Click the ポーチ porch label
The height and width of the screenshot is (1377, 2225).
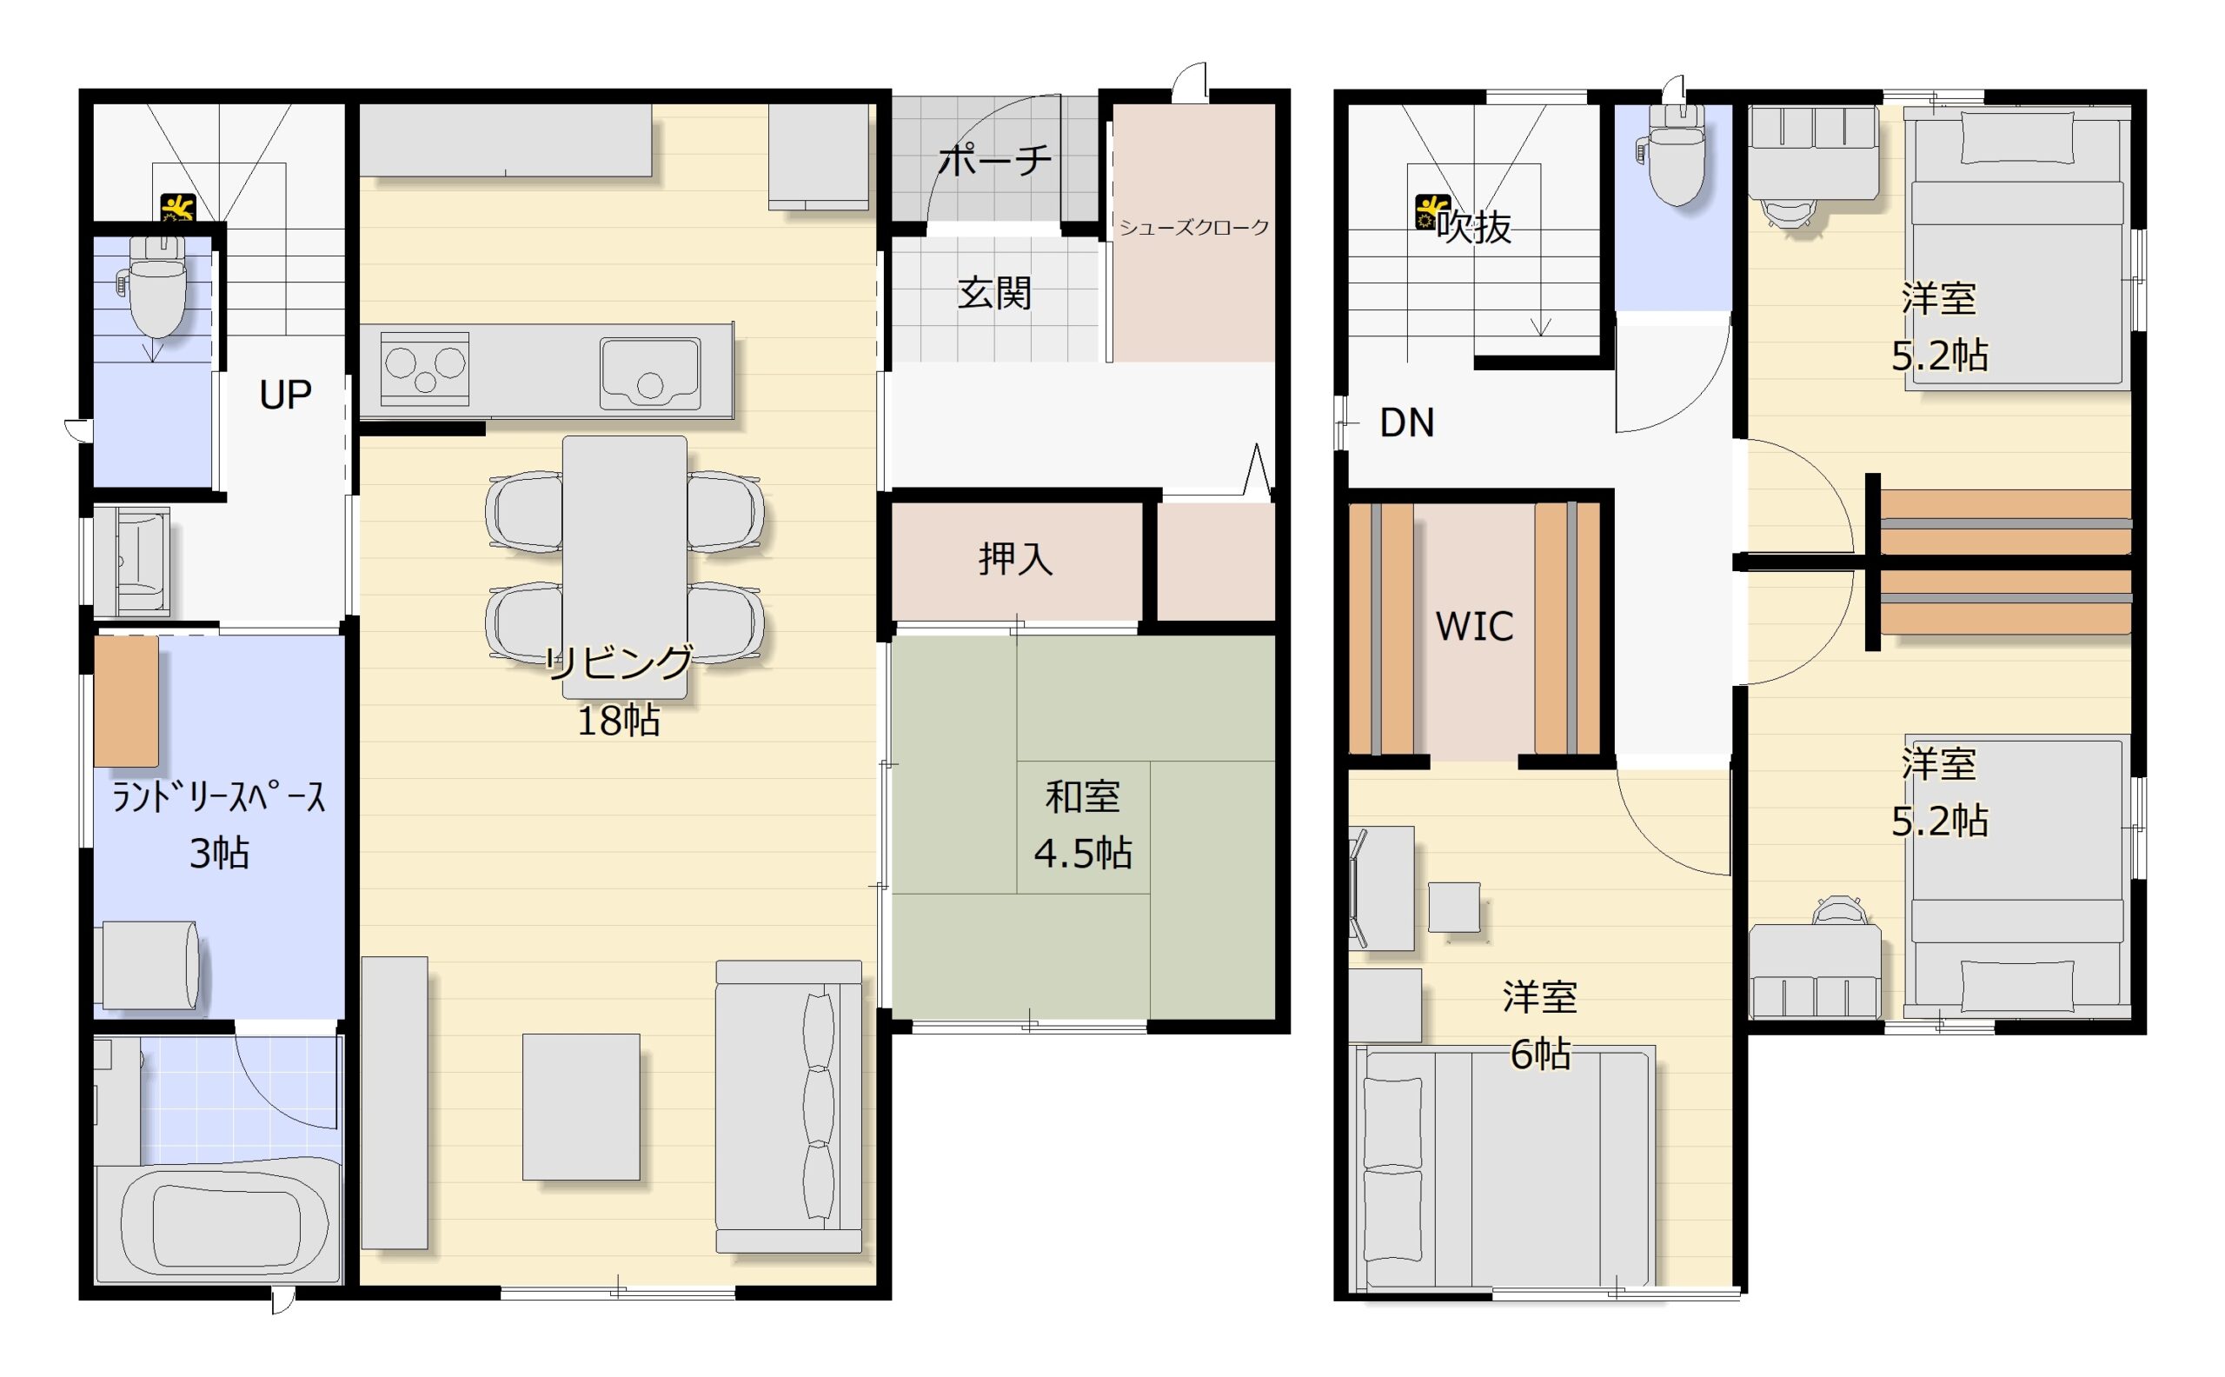(x=995, y=160)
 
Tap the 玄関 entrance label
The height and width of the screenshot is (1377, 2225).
(x=994, y=293)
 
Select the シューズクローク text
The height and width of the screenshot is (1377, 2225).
(x=1193, y=228)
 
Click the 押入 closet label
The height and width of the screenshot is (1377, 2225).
(x=1016, y=558)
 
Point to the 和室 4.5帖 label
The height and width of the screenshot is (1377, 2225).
(x=1082, y=825)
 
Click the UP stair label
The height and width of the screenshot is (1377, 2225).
(x=285, y=395)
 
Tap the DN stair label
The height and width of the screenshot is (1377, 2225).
(x=1406, y=422)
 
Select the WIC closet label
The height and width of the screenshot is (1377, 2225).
(x=1475, y=627)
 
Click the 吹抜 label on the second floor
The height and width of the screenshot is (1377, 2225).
(x=1474, y=227)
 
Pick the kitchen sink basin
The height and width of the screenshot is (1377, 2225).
(x=650, y=374)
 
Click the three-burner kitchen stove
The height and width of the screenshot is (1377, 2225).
(x=424, y=368)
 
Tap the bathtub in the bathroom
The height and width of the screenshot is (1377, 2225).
(x=225, y=1224)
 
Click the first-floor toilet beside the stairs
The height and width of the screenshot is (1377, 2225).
(x=156, y=282)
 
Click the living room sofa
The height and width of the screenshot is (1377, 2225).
(x=788, y=1107)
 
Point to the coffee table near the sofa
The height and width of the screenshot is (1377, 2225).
(x=581, y=1107)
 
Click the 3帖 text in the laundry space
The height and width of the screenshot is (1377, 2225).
(x=219, y=854)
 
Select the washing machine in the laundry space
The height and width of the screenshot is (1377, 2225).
(x=150, y=964)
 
